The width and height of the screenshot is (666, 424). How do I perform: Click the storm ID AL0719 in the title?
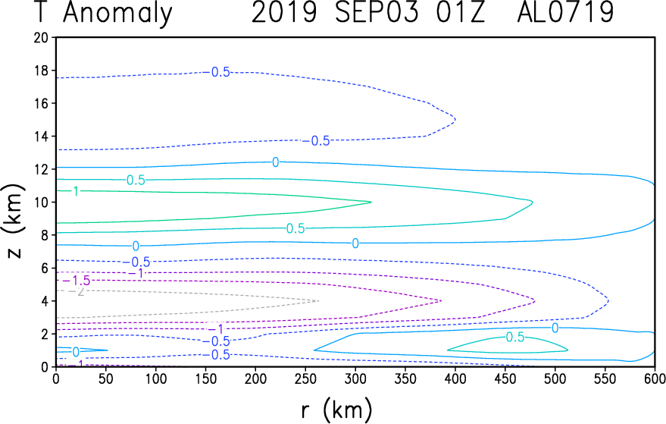565,12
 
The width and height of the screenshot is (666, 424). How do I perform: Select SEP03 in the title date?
377,12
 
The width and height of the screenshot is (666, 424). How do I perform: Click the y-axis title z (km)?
14,221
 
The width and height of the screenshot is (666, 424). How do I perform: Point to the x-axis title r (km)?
336,410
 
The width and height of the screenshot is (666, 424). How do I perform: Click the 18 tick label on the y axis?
42,71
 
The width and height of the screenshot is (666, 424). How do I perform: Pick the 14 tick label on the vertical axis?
42,137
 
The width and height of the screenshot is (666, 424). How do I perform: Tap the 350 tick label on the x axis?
405,378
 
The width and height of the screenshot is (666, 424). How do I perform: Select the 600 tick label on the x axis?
654,378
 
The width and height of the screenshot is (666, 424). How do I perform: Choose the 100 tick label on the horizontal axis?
155,378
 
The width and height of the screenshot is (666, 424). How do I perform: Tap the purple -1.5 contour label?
77,281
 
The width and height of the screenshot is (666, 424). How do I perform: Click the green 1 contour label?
76,191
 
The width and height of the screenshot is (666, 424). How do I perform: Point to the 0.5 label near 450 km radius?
515,338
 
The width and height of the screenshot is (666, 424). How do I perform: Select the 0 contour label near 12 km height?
276,162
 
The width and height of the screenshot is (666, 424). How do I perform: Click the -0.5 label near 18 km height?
217,72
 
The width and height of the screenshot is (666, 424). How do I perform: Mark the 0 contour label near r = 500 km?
555,328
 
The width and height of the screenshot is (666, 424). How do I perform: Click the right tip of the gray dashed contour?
318,301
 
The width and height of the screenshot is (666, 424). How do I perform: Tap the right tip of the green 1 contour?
371,202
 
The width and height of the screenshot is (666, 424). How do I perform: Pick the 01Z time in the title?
461,12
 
